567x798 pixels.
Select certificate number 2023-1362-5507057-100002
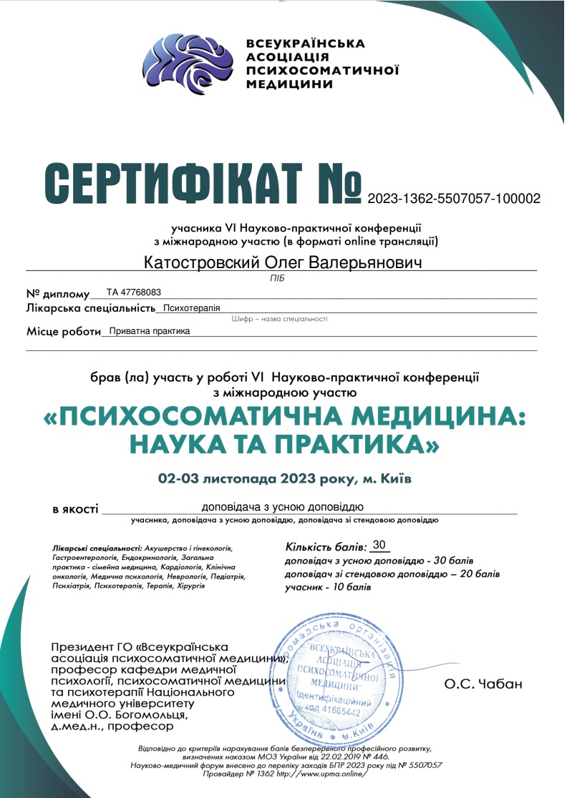point(454,198)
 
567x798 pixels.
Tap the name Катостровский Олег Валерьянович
point(283,262)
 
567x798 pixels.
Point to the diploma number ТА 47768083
point(134,292)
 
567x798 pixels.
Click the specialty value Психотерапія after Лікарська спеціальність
point(191,309)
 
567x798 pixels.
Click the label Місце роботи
point(63,332)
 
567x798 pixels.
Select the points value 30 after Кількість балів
point(379,544)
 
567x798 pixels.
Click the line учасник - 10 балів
point(329,587)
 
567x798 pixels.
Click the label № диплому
point(58,294)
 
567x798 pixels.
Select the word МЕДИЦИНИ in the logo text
point(289,84)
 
